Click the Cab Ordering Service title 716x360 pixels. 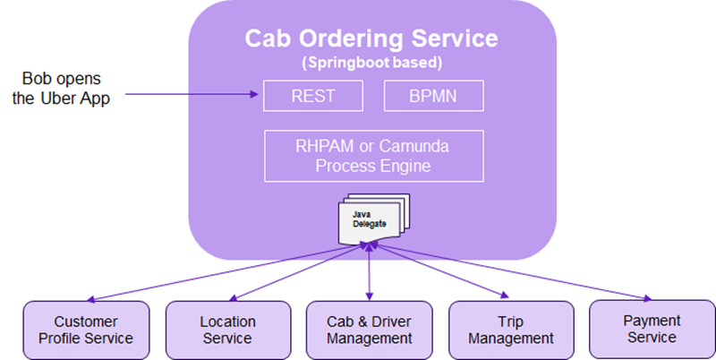[371, 40]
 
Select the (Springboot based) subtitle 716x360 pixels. [371, 64]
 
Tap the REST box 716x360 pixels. [312, 96]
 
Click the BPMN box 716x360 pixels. [433, 96]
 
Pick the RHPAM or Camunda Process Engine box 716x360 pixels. [372, 156]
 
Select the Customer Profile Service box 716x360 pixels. [80, 329]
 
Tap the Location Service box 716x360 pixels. [227, 329]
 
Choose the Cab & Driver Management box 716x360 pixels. [370, 329]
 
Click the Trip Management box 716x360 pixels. [511, 329]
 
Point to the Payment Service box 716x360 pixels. [652, 329]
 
